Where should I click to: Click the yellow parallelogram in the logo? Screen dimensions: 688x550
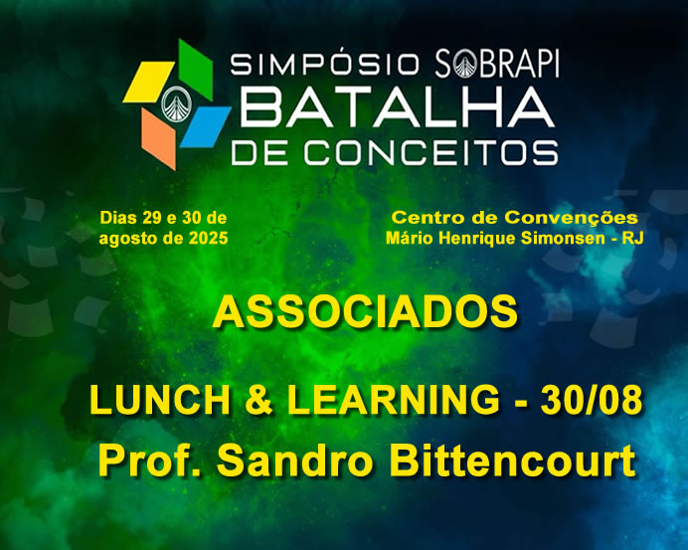coord(149,83)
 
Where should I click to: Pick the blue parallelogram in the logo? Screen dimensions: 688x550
coord(206,126)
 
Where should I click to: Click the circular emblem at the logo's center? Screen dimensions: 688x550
coord(177,104)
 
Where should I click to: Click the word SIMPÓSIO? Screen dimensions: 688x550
coord(325,64)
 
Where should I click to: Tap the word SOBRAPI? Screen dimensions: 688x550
coord(497,64)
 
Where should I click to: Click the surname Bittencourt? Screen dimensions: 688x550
coord(512,459)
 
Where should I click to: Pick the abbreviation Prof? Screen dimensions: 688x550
coord(151,459)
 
